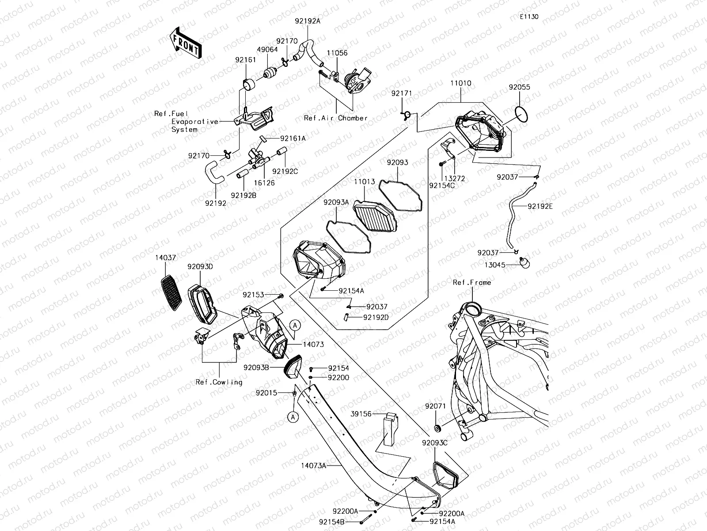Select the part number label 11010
pyautogui.click(x=460, y=83)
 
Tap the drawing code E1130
pyautogui.click(x=529, y=17)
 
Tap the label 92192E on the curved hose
pyautogui.click(x=539, y=206)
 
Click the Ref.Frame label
pyautogui.click(x=472, y=282)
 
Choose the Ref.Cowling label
pyautogui.click(x=219, y=382)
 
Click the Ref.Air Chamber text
pyautogui.click(x=336, y=118)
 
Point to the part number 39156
pyautogui.click(x=361, y=413)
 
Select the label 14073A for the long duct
pyautogui.click(x=313, y=465)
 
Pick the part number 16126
pyautogui.click(x=264, y=183)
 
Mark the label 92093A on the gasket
pyautogui.click(x=336, y=202)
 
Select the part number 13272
pyautogui.click(x=455, y=178)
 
